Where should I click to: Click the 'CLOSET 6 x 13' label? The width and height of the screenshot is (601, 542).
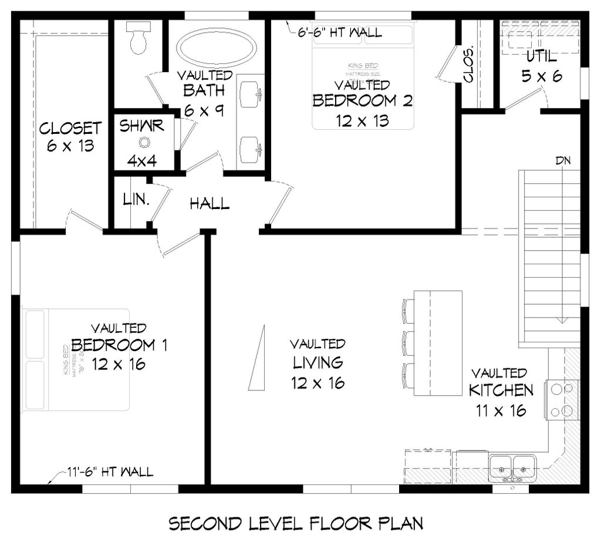pyautogui.click(x=70, y=137)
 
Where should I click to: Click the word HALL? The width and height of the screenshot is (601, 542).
pyautogui.click(x=210, y=204)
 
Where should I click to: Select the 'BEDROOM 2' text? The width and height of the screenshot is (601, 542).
pyautogui.click(x=362, y=100)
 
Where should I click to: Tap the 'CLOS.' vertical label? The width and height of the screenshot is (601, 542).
pyautogui.click(x=469, y=65)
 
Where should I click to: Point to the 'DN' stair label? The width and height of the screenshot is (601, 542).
pyautogui.click(x=563, y=160)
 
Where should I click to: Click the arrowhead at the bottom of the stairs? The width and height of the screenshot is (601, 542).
pyautogui.click(x=563, y=319)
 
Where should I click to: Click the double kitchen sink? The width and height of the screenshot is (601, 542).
pyautogui.click(x=512, y=467)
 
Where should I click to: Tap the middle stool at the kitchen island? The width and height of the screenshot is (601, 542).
pyautogui.click(x=409, y=341)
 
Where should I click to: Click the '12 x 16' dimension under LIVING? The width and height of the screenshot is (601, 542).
pyautogui.click(x=318, y=383)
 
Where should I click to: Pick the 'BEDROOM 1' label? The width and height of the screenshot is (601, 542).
pyautogui.click(x=119, y=345)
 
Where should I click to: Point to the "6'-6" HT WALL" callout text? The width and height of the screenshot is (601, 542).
pyautogui.click(x=339, y=33)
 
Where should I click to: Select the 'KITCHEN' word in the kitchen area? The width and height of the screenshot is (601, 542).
pyautogui.click(x=500, y=390)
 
